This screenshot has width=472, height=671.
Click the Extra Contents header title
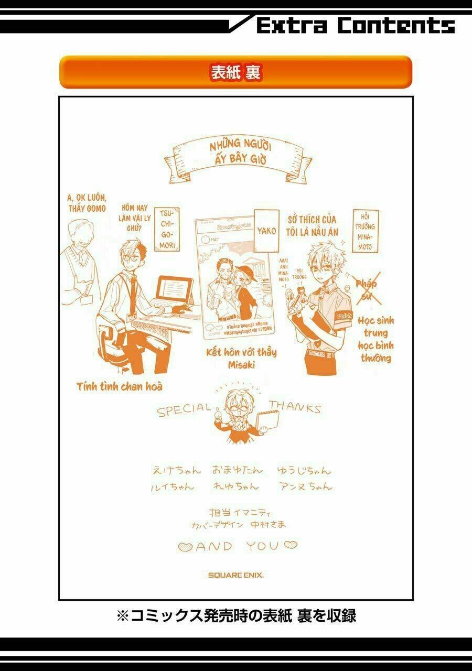[356, 25]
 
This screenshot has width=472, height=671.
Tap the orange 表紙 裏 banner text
[235, 72]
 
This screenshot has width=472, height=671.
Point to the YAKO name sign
[266, 230]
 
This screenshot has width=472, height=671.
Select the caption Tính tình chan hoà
[119, 387]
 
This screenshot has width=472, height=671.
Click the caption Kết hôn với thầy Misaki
[242, 358]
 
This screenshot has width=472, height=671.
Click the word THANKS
[295, 407]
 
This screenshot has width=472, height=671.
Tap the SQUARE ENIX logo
[235, 575]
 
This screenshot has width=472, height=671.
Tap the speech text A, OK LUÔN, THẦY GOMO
[87, 203]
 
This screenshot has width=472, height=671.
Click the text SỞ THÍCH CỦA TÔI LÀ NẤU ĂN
[312, 226]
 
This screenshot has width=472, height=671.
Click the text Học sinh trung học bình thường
[376, 339]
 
